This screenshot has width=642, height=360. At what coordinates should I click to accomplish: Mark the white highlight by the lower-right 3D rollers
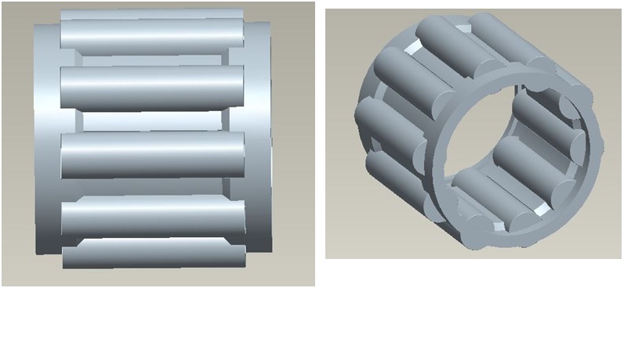[x=541, y=210]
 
